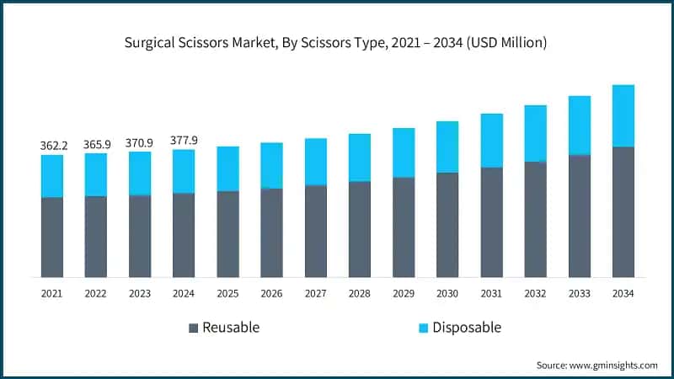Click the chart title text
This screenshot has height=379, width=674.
tap(337, 43)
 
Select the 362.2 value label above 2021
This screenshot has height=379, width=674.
tap(52, 146)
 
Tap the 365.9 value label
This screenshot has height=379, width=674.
tap(96, 144)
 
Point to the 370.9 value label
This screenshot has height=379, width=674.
tap(140, 143)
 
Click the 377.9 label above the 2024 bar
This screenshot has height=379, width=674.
tap(184, 141)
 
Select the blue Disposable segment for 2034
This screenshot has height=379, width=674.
tap(623, 115)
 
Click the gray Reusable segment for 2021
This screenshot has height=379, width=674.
tap(52, 237)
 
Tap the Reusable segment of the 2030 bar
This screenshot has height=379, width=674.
tap(447, 225)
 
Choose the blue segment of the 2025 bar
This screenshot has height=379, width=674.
tap(227, 168)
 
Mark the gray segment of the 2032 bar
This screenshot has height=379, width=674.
tap(535, 219)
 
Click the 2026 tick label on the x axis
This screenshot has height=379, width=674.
tap(271, 294)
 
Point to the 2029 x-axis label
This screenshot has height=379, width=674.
tap(404, 294)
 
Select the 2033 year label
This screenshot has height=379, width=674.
tap(579, 294)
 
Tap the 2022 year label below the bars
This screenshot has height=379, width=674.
tap(96, 294)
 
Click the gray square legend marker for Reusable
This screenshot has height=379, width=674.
tap(193, 327)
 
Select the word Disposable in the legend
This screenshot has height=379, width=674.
tap(467, 327)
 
